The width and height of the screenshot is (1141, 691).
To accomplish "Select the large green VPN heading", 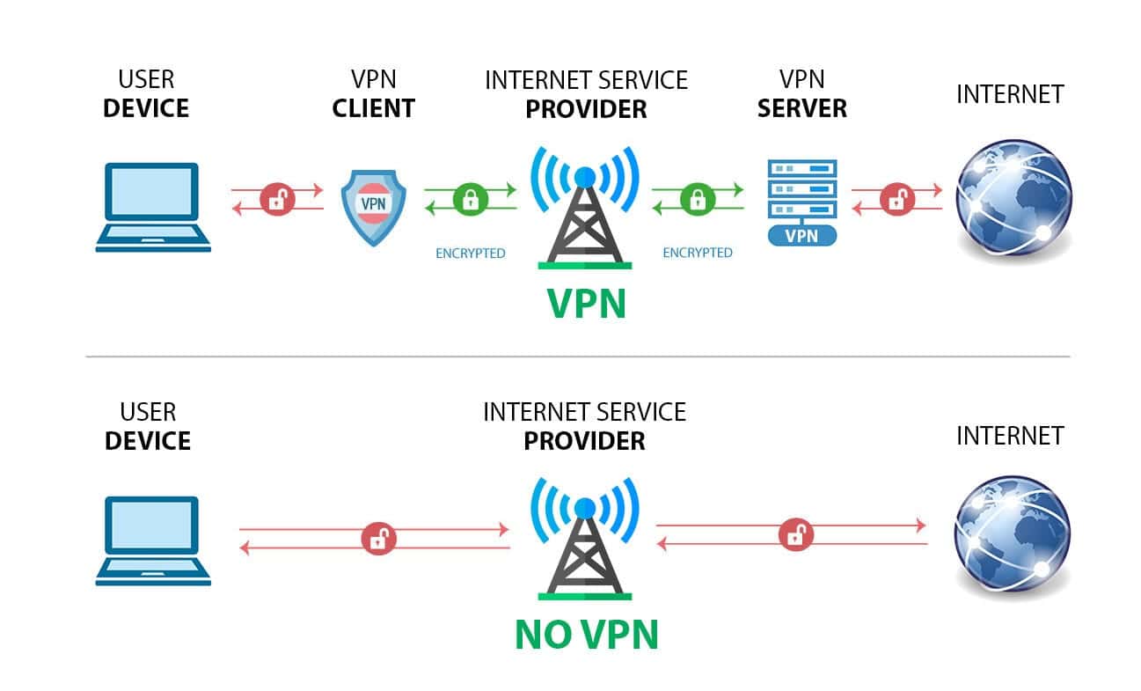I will coord(586,303).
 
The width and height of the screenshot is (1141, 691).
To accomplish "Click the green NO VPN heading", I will coord(586,634).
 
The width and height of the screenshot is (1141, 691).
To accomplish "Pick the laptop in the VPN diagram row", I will coord(153,207).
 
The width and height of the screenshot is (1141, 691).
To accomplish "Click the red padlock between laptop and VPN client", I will coord(277,199).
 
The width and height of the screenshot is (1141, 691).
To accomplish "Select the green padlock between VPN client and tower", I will coord(470,199).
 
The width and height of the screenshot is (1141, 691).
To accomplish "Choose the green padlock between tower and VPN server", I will coord(698,199).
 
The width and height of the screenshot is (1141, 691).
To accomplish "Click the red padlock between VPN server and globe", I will coord(896,199).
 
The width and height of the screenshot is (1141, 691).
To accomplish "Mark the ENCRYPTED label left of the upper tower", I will coord(471,254).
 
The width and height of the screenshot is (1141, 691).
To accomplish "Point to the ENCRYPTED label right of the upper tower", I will coord(698,253).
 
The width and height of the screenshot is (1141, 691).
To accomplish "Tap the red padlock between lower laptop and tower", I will coord(378,538).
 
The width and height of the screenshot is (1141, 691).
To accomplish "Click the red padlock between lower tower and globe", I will coord(796,533).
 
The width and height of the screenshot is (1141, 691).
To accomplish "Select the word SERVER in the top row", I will coord(801,109).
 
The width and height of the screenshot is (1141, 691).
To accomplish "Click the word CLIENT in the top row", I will coord(373,109).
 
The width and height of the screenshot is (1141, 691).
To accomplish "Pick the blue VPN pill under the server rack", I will coord(801,236).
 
